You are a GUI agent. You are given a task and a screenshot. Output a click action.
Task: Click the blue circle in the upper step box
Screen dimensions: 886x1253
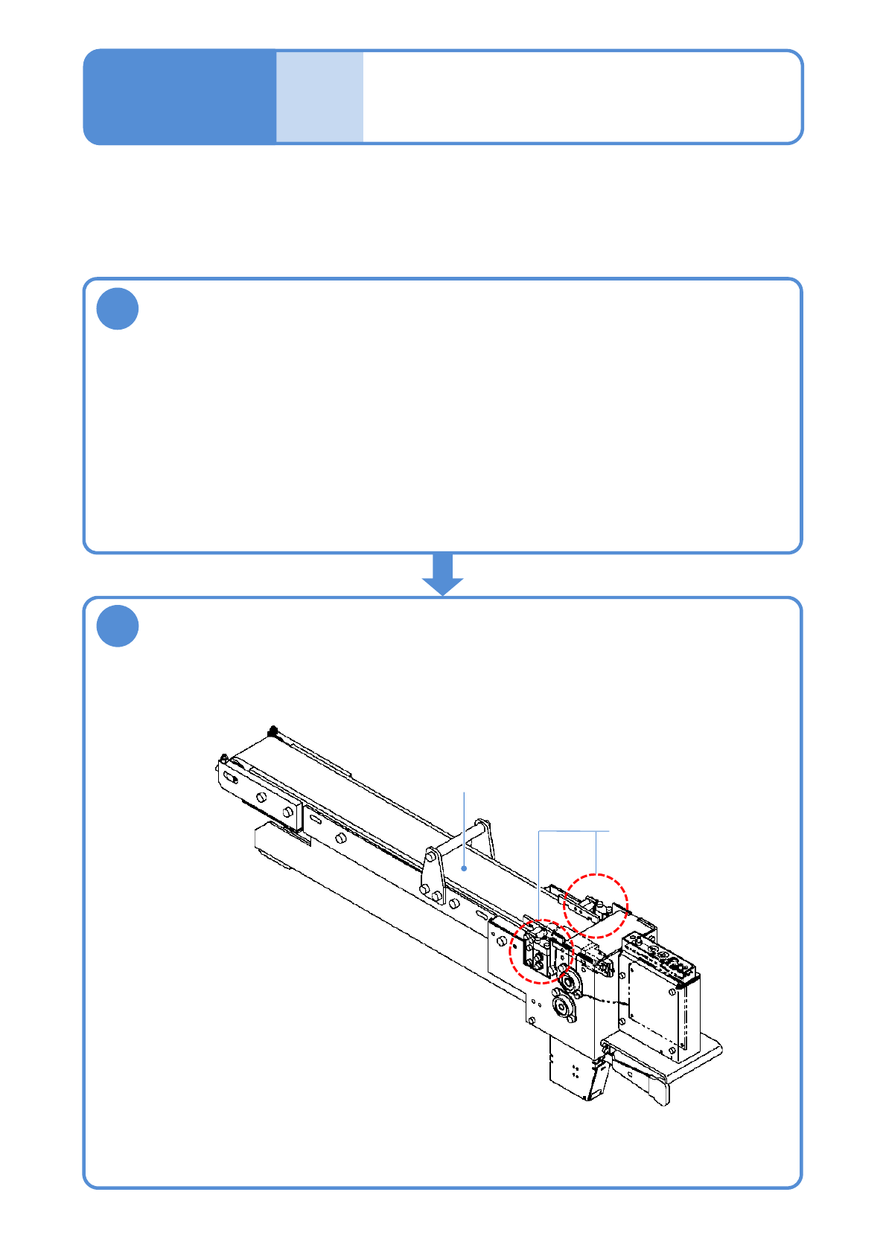pyautogui.click(x=118, y=309)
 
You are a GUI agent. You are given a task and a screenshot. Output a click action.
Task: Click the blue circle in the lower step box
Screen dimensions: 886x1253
pyautogui.click(x=118, y=626)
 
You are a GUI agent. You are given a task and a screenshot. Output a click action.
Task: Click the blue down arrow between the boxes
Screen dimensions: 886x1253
pyautogui.click(x=443, y=574)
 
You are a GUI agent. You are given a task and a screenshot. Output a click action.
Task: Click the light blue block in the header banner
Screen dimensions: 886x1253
pyautogui.click(x=319, y=97)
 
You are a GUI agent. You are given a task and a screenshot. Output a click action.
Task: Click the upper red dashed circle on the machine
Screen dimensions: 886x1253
pyautogui.click(x=596, y=906)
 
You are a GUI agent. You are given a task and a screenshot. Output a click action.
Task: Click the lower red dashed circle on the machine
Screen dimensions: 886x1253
pyautogui.click(x=541, y=952)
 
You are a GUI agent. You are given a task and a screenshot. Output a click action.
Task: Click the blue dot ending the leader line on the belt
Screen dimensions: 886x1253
pyautogui.click(x=465, y=868)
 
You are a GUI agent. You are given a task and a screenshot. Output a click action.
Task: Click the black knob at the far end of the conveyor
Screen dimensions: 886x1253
pyautogui.click(x=273, y=731)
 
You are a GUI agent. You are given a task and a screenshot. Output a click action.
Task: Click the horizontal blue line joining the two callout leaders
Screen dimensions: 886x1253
pyautogui.click(x=573, y=830)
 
